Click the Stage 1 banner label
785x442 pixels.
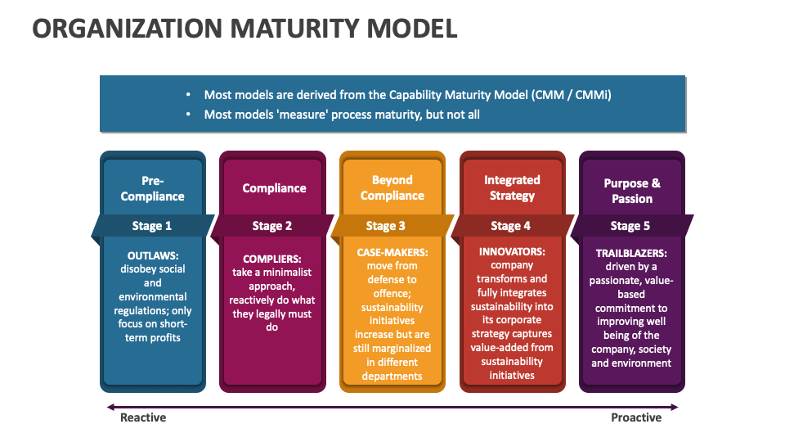coord(152,226)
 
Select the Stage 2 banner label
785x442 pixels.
coord(272,226)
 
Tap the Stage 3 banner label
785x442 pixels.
coord(386,226)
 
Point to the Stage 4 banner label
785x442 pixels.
coord(511,226)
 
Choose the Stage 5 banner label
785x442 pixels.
coord(630,226)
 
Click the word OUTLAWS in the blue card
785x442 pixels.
coord(153,255)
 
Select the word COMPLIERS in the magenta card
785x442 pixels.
coord(272,259)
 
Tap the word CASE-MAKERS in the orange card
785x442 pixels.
coord(392,252)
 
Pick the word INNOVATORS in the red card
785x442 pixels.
coord(512,251)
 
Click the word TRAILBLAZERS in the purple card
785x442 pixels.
coord(631,253)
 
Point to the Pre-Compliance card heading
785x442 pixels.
coord(153,188)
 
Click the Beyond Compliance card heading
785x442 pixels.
coord(392,187)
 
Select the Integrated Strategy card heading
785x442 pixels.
coord(512,187)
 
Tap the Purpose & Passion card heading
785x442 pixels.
coord(632,191)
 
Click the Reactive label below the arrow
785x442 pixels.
coord(143,417)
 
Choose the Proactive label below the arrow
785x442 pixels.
coord(636,417)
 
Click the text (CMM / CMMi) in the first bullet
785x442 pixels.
coord(571,95)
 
